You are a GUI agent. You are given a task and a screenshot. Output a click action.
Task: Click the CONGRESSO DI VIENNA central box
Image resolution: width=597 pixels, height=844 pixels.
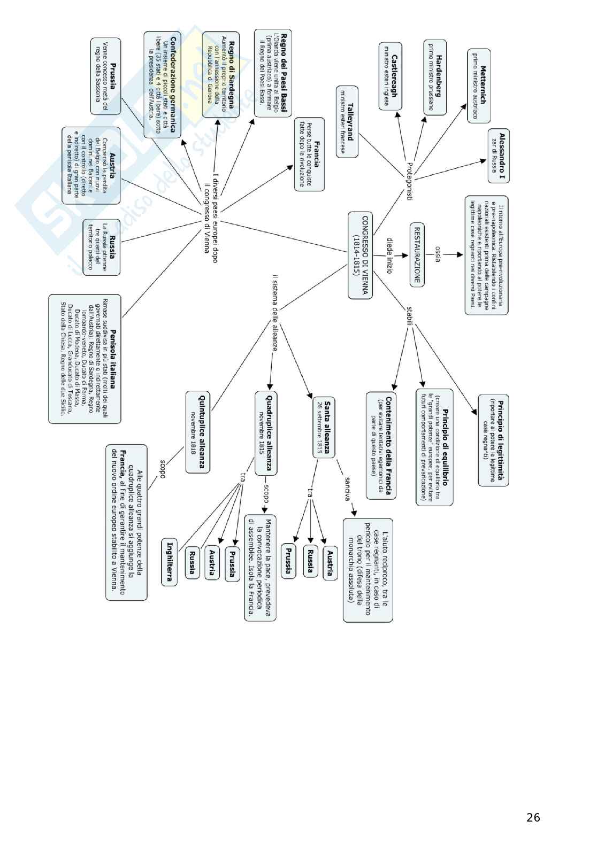click(x=360, y=254)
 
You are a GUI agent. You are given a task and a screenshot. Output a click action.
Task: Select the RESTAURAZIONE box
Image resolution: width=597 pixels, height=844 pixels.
click(x=417, y=254)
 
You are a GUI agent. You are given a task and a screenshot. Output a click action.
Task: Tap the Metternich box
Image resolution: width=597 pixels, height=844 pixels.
click(x=479, y=86)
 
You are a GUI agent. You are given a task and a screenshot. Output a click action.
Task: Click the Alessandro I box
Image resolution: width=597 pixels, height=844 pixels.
click(x=498, y=156)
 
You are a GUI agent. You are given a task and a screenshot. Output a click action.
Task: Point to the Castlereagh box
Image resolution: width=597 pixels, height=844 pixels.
click(x=391, y=76)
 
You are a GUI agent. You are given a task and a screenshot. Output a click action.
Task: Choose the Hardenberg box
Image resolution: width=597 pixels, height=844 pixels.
click(x=434, y=76)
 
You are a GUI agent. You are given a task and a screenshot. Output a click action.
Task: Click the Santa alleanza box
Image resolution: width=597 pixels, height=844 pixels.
click(x=324, y=427)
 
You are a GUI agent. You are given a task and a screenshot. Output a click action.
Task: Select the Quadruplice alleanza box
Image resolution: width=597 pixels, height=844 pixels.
click(x=266, y=432)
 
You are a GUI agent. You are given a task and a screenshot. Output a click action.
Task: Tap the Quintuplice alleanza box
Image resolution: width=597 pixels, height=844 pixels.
click(x=197, y=431)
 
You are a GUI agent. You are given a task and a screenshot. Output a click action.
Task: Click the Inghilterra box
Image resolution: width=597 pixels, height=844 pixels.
click(x=170, y=562)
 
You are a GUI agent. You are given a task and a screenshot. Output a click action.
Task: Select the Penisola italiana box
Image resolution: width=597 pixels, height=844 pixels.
click(x=85, y=358)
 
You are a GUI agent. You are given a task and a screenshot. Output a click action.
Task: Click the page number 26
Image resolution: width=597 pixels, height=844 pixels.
click(x=533, y=817)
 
